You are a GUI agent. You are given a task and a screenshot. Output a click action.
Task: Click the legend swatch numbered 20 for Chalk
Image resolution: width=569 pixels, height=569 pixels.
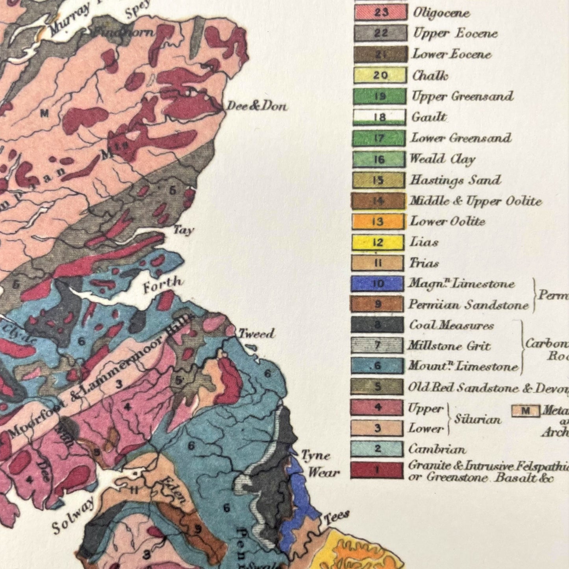point(380,75)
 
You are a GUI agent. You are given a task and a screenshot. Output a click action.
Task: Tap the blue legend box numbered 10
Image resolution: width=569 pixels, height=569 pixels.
point(377,284)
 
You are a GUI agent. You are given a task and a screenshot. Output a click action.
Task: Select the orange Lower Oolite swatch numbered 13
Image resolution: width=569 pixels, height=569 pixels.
point(378,221)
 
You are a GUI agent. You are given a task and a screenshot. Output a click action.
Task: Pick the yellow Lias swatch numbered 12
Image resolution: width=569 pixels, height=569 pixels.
point(378,242)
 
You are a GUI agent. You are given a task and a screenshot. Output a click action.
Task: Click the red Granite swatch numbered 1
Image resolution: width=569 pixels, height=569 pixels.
point(377,470)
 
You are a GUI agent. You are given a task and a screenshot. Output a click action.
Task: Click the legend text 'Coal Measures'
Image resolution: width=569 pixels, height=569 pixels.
point(451,325)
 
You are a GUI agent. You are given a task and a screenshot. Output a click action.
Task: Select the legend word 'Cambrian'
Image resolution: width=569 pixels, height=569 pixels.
point(437,449)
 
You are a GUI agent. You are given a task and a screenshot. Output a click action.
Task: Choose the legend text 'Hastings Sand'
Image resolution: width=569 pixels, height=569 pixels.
point(455,180)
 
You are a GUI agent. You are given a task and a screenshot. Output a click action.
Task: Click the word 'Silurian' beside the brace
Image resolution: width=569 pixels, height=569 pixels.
point(478,419)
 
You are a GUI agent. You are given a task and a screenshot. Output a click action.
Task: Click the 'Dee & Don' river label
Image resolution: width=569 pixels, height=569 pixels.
point(257,106)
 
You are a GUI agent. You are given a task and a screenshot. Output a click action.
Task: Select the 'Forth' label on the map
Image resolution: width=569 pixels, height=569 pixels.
point(163,284)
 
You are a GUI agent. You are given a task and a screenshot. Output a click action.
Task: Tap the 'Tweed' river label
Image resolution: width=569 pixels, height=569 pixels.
point(256,334)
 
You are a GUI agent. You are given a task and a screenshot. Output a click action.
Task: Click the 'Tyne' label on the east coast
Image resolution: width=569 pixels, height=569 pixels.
point(315,456)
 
